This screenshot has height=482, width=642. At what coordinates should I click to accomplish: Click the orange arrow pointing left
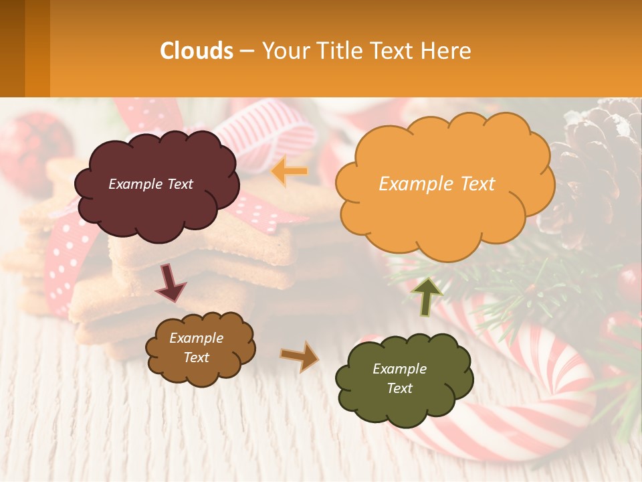tap(290, 171)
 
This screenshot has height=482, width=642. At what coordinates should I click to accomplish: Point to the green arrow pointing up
tap(427, 296)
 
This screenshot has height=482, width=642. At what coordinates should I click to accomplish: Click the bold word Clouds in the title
tap(197, 51)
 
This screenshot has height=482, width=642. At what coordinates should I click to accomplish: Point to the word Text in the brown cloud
tap(196, 357)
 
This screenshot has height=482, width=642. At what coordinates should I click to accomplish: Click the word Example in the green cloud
tap(399, 369)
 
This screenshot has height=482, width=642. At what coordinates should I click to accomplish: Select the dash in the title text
tap(247, 52)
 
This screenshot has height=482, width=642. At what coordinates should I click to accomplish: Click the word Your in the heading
tap(281, 51)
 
